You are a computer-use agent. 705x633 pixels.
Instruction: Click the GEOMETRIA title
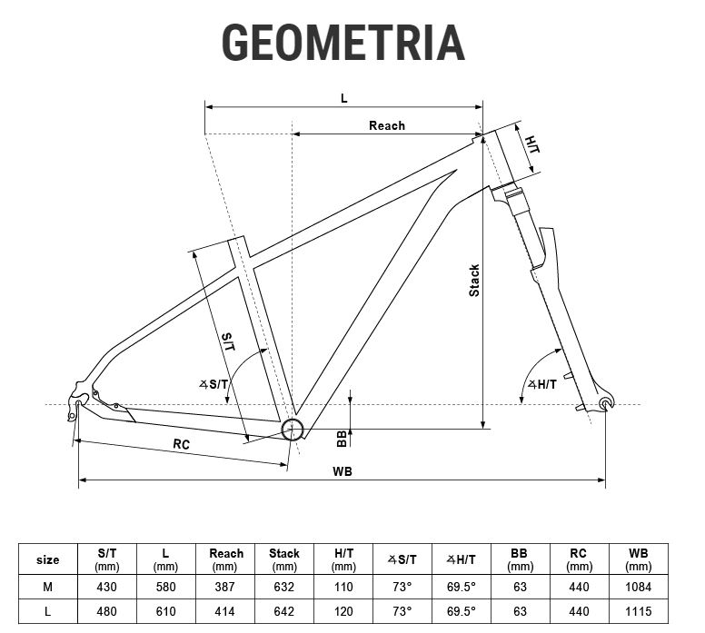pos(343,43)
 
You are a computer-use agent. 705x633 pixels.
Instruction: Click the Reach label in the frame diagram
pos(387,125)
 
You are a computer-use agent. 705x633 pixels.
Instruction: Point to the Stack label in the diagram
pos(474,281)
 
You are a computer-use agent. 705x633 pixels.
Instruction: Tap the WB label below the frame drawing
pos(343,471)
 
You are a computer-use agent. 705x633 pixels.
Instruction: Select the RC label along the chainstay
pos(181,444)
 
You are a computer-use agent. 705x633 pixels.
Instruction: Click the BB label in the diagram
pos(342,439)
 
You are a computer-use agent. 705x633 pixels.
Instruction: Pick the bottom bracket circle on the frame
pos(292,430)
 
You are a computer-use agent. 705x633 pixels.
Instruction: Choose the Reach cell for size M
pos(224,587)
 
